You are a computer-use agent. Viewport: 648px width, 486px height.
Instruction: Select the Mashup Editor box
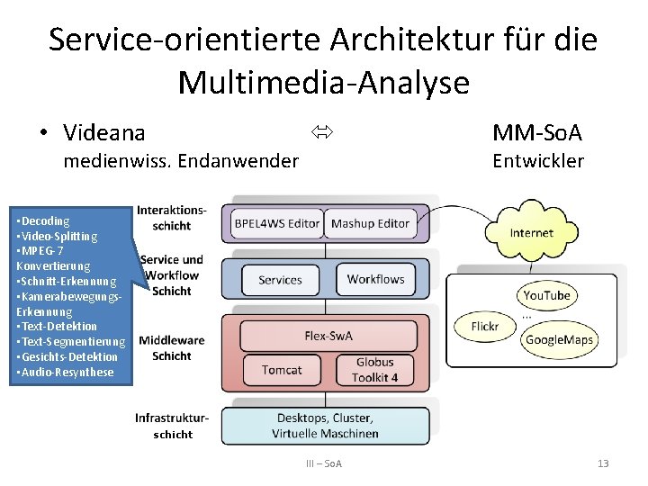tap(370, 224)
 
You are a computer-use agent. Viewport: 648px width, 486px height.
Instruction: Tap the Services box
tap(280, 280)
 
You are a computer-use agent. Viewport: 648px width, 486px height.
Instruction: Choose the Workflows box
tap(376, 280)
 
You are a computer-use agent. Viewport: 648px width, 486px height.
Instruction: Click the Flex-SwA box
tap(328, 337)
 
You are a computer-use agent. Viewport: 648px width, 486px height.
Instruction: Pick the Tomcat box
tap(282, 370)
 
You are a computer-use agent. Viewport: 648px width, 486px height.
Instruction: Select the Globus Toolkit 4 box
tap(375, 370)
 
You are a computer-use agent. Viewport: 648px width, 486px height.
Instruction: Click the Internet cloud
tap(531, 233)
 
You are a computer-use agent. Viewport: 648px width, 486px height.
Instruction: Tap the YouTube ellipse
tap(547, 295)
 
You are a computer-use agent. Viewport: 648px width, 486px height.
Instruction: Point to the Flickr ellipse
tap(485, 326)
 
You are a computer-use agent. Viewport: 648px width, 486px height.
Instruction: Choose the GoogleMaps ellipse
tap(559, 340)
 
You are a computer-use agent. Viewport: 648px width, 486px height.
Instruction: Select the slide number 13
tap(603, 463)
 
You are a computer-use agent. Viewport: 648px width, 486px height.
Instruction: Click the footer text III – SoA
tap(324, 463)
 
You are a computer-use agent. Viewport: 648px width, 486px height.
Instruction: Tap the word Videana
tap(104, 133)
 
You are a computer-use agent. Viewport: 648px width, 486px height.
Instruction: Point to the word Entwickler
tap(538, 161)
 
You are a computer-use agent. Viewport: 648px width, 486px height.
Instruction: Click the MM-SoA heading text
tap(537, 133)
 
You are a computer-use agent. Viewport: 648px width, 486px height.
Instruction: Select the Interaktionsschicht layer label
tap(171, 218)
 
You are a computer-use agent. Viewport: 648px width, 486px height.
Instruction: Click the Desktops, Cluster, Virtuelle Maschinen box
tap(325, 426)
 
